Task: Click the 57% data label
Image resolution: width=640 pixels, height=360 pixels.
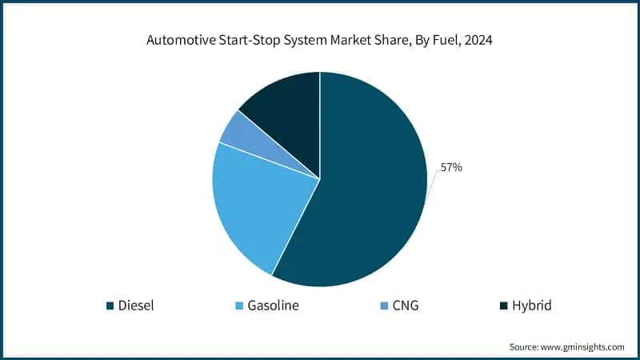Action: tap(450, 168)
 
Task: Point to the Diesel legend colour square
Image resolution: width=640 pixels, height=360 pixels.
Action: tap(110, 306)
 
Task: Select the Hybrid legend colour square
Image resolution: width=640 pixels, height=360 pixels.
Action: tap(502, 306)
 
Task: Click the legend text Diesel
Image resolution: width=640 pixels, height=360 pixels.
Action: tap(137, 306)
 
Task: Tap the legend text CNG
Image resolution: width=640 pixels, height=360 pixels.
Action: tap(405, 306)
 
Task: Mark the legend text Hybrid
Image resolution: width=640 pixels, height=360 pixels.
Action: tap(531, 306)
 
